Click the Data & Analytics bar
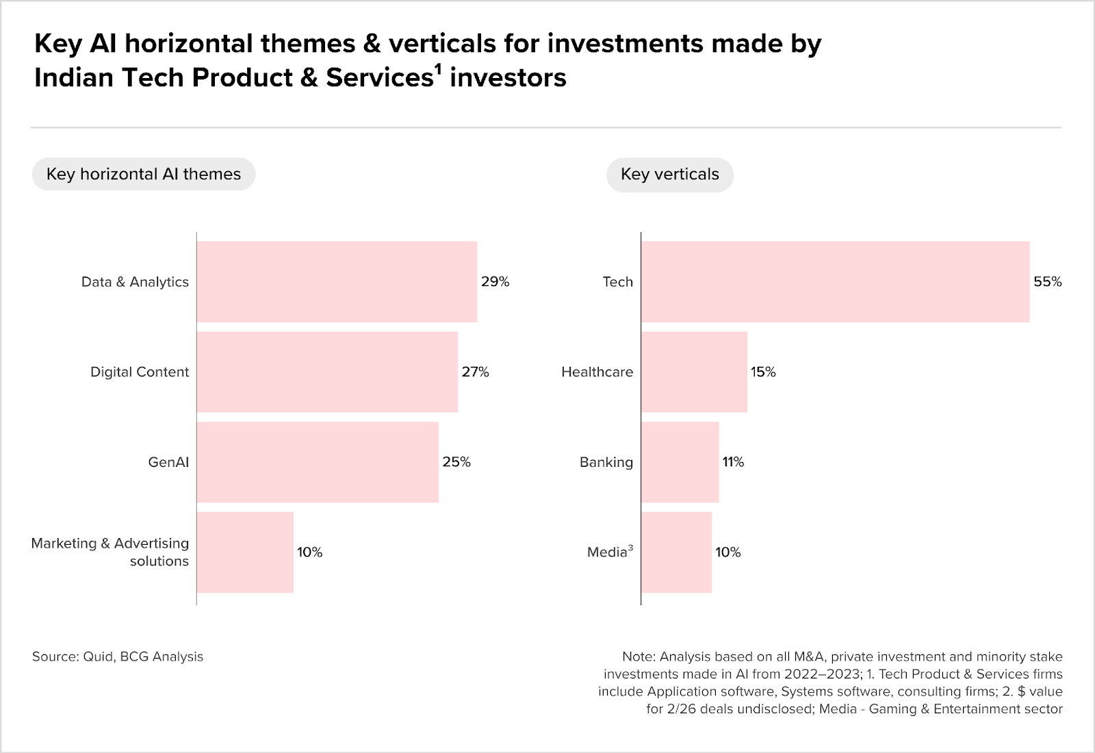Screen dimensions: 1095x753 point(337,281)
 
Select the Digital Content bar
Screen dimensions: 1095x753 point(328,372)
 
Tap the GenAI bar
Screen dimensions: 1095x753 point(318,462)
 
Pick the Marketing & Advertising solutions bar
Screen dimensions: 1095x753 point(246,552)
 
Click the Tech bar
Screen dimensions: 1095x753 point(836,281)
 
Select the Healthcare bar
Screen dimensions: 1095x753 point(694,372)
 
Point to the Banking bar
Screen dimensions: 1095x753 point(680,462)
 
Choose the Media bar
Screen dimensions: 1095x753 point(677,552)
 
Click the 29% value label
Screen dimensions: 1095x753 point(495,281)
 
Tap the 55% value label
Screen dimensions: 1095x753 point(1048,281)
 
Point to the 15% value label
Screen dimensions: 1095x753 point(763,372)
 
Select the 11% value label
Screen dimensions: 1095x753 point(733,462)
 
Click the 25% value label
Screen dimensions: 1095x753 point(456,462)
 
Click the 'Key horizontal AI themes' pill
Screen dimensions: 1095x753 point(144,174)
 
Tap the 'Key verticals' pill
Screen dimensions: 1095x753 point(670,175)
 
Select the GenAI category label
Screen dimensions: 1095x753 point(168,463)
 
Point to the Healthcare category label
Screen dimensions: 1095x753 point(597,372)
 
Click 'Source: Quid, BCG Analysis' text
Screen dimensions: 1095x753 point(118,656)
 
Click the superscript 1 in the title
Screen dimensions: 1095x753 point(439,71)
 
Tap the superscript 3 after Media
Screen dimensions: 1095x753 point(630,548)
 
